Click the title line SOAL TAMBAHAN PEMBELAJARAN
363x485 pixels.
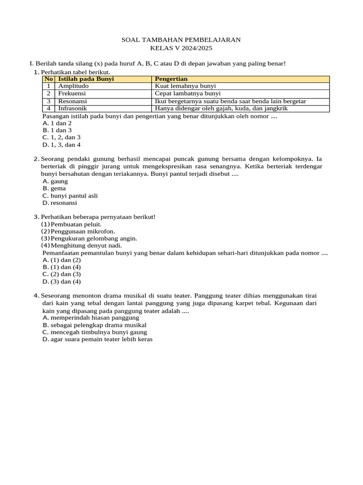click(x=181, y=40)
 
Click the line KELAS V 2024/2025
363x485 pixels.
click(x=181, y=48)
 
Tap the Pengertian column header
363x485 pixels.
click(x=171, y=79)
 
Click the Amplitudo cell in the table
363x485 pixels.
click(x=73, y=86)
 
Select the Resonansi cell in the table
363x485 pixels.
click(x=72, y=101)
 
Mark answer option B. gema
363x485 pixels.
click(x=54, y=189)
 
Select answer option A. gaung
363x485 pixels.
click(x=55, y=181)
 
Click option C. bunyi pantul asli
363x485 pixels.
click(x=70, y=196)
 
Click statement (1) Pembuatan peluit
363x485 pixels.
click(x=71, y=224)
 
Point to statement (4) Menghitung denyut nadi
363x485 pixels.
click(x=81, y=245)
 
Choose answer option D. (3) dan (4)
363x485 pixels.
click(x=61, y=282)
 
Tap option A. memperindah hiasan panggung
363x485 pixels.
click(x=91, y=318)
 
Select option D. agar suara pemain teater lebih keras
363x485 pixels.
click(x=97, y=340)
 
